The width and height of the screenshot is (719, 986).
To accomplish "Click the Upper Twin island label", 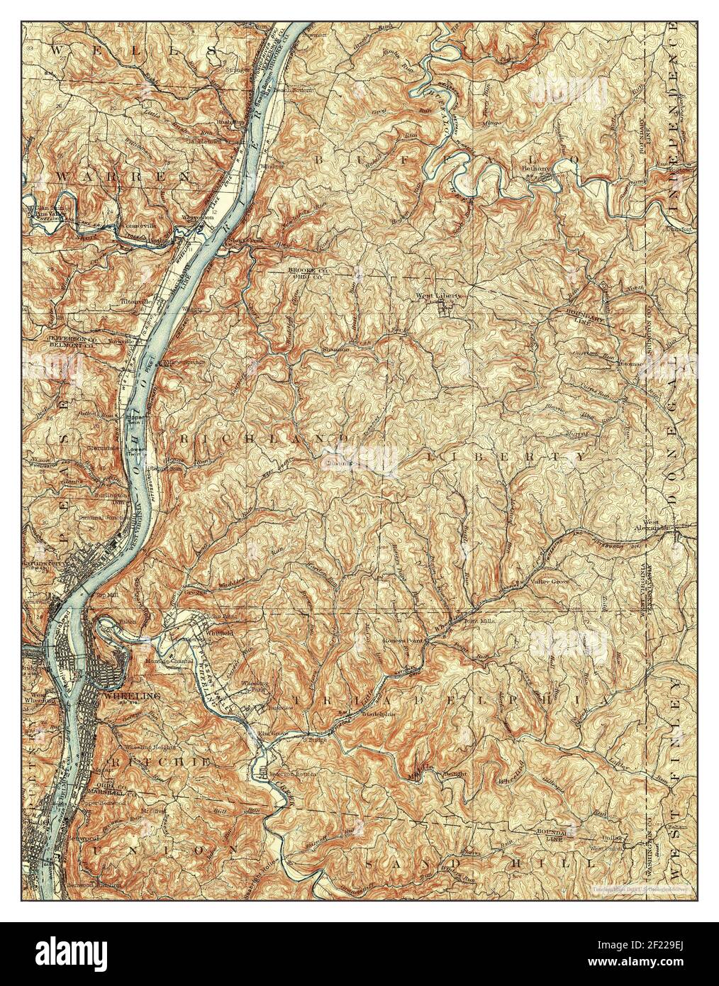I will click(x=135, y=417).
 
